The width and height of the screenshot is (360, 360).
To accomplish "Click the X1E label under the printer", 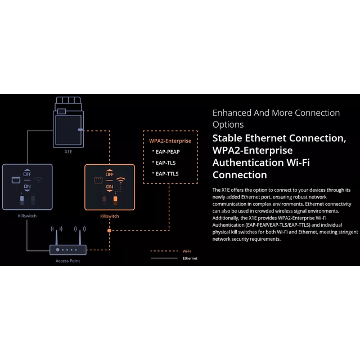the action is [68, 152].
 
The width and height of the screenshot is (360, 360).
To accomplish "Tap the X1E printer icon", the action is [69, 122].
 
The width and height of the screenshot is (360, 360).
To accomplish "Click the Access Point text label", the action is [67, 261].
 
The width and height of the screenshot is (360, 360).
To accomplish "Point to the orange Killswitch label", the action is [110, 216].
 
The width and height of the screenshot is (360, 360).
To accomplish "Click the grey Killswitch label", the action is [27, 216].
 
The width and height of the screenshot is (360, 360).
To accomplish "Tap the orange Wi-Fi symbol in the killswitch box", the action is [121, 180].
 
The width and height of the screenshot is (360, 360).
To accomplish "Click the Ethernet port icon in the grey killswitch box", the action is [16, 180].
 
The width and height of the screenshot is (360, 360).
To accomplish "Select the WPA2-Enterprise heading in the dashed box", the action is [170, 141].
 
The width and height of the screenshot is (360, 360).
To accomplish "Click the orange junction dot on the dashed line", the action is [109, 231].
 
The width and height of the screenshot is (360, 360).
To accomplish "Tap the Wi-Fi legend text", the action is [187, 251].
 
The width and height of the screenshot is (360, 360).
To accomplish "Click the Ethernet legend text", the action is [190, 258].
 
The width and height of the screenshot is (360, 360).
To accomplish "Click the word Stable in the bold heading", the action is [227, 138].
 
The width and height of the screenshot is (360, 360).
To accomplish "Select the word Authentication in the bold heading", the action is [248, 163].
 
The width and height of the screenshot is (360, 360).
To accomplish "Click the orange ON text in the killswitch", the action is [110, 187].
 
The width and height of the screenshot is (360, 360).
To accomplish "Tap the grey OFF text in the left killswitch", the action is [27, 174].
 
